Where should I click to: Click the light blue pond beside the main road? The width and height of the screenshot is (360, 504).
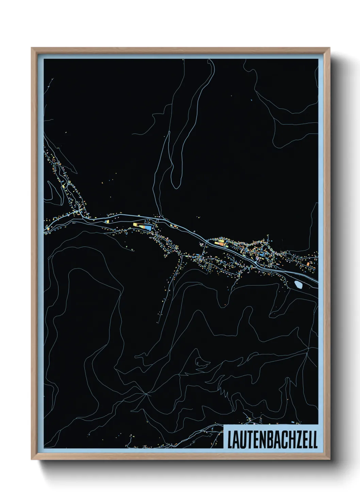pos(298,284)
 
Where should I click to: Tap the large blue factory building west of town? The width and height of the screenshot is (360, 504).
pos(148,227)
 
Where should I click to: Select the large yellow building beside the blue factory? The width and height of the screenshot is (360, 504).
pos(137,225)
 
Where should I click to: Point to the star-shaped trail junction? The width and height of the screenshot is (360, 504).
pos(147,394)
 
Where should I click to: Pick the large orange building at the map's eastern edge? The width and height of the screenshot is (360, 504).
pos(308,264)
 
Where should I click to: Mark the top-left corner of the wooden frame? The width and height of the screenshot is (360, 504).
pos(32,48)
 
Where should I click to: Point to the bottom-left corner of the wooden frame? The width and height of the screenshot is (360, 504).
pos(32,459)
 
